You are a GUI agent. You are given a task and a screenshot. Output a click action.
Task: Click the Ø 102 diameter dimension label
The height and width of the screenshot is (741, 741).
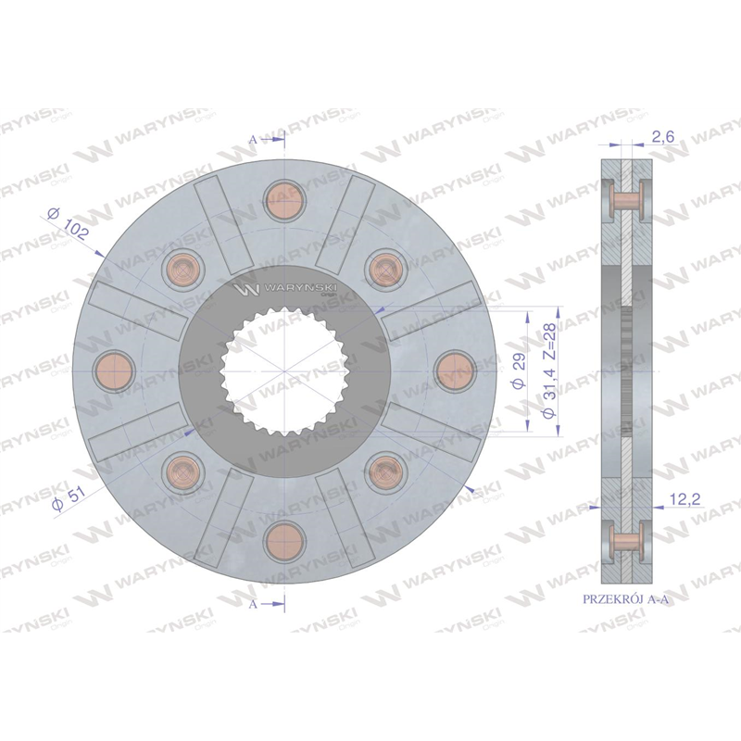(x=68, y=223)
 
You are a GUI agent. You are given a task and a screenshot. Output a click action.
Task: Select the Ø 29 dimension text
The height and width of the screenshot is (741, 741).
(x=519, y=371)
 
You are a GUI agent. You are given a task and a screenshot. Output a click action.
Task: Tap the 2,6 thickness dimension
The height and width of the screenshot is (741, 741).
(x=662, y=136)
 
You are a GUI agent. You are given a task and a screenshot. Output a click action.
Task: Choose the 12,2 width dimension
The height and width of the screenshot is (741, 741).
(x=684, y=498)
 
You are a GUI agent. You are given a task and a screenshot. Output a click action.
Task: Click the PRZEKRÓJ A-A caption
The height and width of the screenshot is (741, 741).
(x=626, y=599)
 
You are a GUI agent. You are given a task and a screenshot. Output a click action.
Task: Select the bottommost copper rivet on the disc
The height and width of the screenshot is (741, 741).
(x=284, y=543)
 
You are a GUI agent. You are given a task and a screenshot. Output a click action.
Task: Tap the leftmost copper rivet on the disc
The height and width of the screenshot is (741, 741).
(x=114, y=372)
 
